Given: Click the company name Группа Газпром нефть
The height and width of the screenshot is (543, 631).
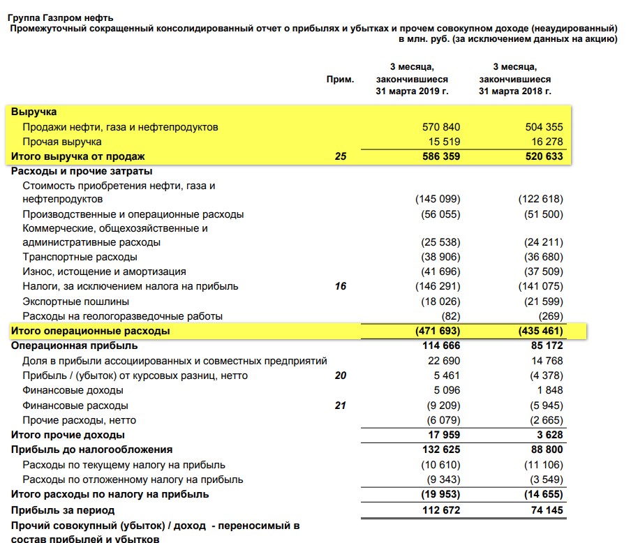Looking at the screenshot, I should point(59,17).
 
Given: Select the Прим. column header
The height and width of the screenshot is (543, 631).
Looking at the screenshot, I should point(340,79).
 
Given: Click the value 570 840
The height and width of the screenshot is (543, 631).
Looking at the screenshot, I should point(441,127).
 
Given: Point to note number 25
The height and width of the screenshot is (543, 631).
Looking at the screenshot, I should point(340,156).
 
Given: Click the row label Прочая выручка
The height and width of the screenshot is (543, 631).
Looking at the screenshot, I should point(62,142).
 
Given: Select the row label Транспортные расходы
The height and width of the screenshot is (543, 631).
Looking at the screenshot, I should point(80,257).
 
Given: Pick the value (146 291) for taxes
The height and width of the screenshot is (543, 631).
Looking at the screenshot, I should point(438,286).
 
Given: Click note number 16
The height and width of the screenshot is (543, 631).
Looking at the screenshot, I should point(340,286).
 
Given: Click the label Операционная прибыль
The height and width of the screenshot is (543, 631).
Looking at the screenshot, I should point(75,345).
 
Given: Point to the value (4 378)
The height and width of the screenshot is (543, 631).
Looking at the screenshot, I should point(544,375).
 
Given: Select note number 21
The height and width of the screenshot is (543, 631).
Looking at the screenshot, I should point(340,406).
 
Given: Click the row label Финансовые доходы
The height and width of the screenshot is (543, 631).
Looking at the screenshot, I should point(73,390).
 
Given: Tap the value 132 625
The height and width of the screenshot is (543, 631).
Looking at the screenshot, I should point(441,449).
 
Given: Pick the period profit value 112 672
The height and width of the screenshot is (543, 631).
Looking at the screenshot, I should point(441,509).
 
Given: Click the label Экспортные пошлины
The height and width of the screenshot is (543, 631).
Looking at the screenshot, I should point(75,302).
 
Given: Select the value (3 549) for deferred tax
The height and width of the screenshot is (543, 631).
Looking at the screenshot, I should point(544,479).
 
